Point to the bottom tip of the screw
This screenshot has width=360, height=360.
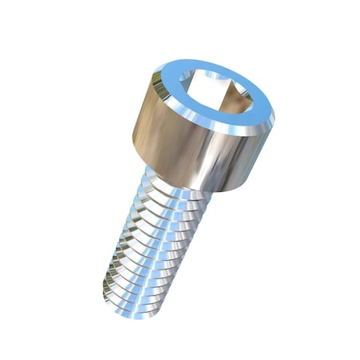pyautogui.click(x=128, y=308)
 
